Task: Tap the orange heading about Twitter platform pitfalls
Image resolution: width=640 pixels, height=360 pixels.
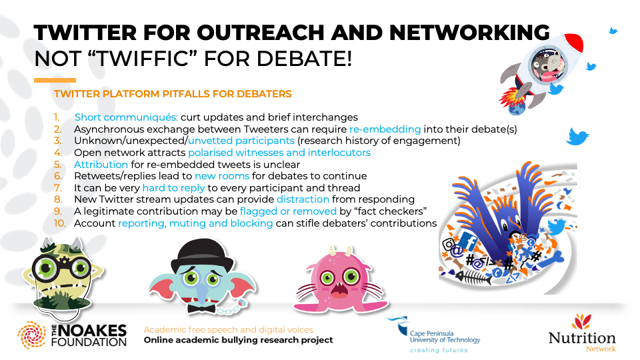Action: tap(173, 94)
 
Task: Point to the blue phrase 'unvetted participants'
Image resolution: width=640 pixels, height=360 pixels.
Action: tap(240, 141)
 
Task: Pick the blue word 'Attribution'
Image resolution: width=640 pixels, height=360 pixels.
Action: tap(101, 165)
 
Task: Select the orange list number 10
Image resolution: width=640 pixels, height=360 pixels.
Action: tap(61, 223)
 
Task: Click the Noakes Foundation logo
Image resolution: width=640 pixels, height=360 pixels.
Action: tap(72, 334)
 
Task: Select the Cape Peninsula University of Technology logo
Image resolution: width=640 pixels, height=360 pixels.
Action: tap(433, 334)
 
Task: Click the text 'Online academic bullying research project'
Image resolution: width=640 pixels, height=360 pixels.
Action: tap(239, 340)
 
